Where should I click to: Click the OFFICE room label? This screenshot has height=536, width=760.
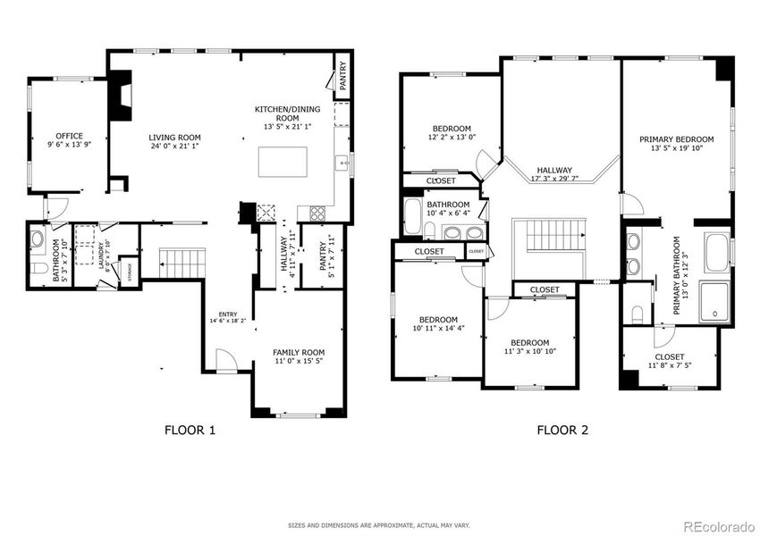70,137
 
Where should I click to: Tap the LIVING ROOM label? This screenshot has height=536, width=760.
174,138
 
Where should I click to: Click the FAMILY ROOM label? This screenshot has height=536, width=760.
299,353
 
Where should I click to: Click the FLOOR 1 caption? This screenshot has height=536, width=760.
190,431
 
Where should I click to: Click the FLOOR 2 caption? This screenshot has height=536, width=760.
562,431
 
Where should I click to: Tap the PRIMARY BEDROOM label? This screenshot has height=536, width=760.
676,139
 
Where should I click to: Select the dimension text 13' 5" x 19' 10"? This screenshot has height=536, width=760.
676,150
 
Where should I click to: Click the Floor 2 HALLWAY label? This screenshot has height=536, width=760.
554,170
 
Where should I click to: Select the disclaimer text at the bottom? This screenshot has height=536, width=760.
379,525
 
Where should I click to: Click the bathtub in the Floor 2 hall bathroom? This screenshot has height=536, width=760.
413,217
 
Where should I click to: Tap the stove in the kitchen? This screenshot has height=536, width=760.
317,213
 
